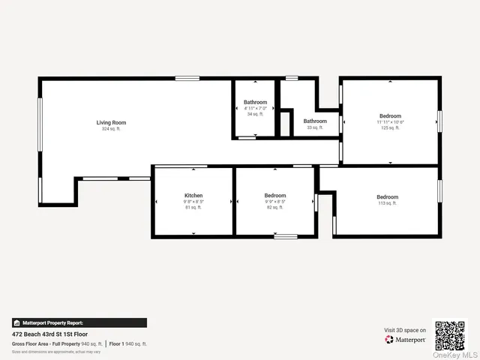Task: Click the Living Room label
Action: click(x=110, y=122)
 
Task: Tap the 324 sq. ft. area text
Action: click(x=110, y=129)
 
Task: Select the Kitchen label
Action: click(x=193, y=196)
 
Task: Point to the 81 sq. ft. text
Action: click(x=193, y=208)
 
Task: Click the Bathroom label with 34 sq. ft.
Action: click(x=255, y=102)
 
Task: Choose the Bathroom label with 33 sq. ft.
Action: click(x=315, y=121)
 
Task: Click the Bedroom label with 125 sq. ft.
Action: click(x=390, y=115)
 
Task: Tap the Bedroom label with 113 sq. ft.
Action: click(x=387, y=196)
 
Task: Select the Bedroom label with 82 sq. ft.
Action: click(x=275, y=196)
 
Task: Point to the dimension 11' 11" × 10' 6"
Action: click(x=390, y=121)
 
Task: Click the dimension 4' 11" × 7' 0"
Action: click(x=255, y=108)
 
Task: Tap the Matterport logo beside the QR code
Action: click(x=406, y=340)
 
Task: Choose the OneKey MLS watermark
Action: click(x=457, y=355)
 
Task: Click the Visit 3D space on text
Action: click(x=406, y=330)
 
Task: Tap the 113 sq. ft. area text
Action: click(x=387, y=203)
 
